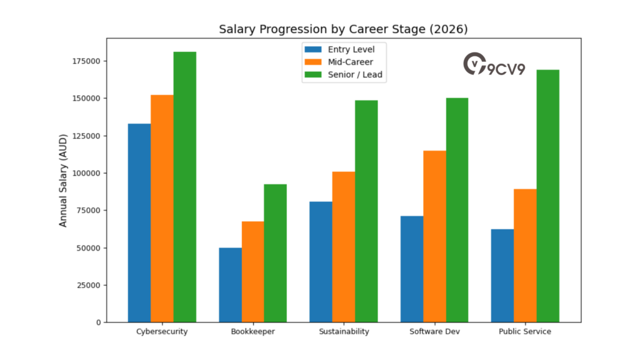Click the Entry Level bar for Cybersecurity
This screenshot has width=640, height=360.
point(139,222)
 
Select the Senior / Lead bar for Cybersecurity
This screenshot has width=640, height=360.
point(185,187)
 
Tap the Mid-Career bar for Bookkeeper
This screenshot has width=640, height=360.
point(253,272)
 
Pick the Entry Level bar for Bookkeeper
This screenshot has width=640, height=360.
point(230,285)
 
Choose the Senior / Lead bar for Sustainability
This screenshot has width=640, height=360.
point(366,211)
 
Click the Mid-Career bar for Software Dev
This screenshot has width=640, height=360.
point(434,236)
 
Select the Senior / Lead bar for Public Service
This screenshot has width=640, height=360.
point(548,196)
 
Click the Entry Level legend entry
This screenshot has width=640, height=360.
point(343,49)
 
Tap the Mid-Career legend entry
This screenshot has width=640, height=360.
point(343,62)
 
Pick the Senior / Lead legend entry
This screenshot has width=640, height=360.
point(343,75)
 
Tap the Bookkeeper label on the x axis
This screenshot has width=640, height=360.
point(252,331)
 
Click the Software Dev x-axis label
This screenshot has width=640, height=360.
point(434,331)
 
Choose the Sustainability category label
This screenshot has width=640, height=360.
point(344,331)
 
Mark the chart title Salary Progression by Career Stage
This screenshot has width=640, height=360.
point(343,29)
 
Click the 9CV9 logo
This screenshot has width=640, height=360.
point(494,64)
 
